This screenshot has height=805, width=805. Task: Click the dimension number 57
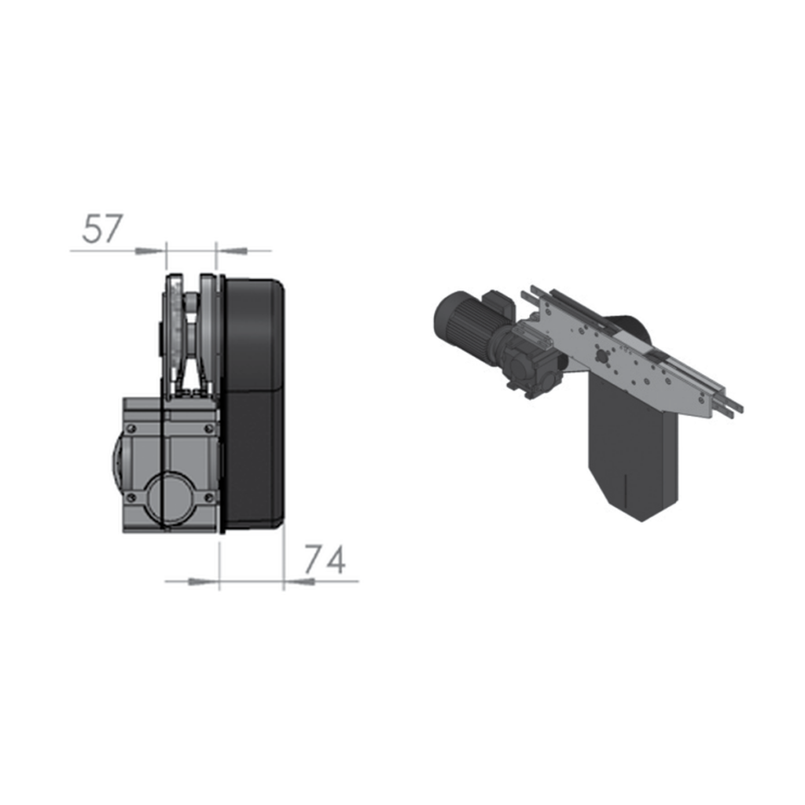pos(103,229)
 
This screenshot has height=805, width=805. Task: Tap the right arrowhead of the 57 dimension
pos(232,251)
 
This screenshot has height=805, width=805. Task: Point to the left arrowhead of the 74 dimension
pos(204,582)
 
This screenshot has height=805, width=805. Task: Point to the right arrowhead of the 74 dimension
pos(299,582)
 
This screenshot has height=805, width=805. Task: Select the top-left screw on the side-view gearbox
pos(132,428)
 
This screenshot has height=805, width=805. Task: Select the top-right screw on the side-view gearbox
pos(208,428)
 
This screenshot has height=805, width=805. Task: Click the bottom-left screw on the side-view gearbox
pos(132,497)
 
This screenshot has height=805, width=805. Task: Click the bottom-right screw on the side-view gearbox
pos(208,497)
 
